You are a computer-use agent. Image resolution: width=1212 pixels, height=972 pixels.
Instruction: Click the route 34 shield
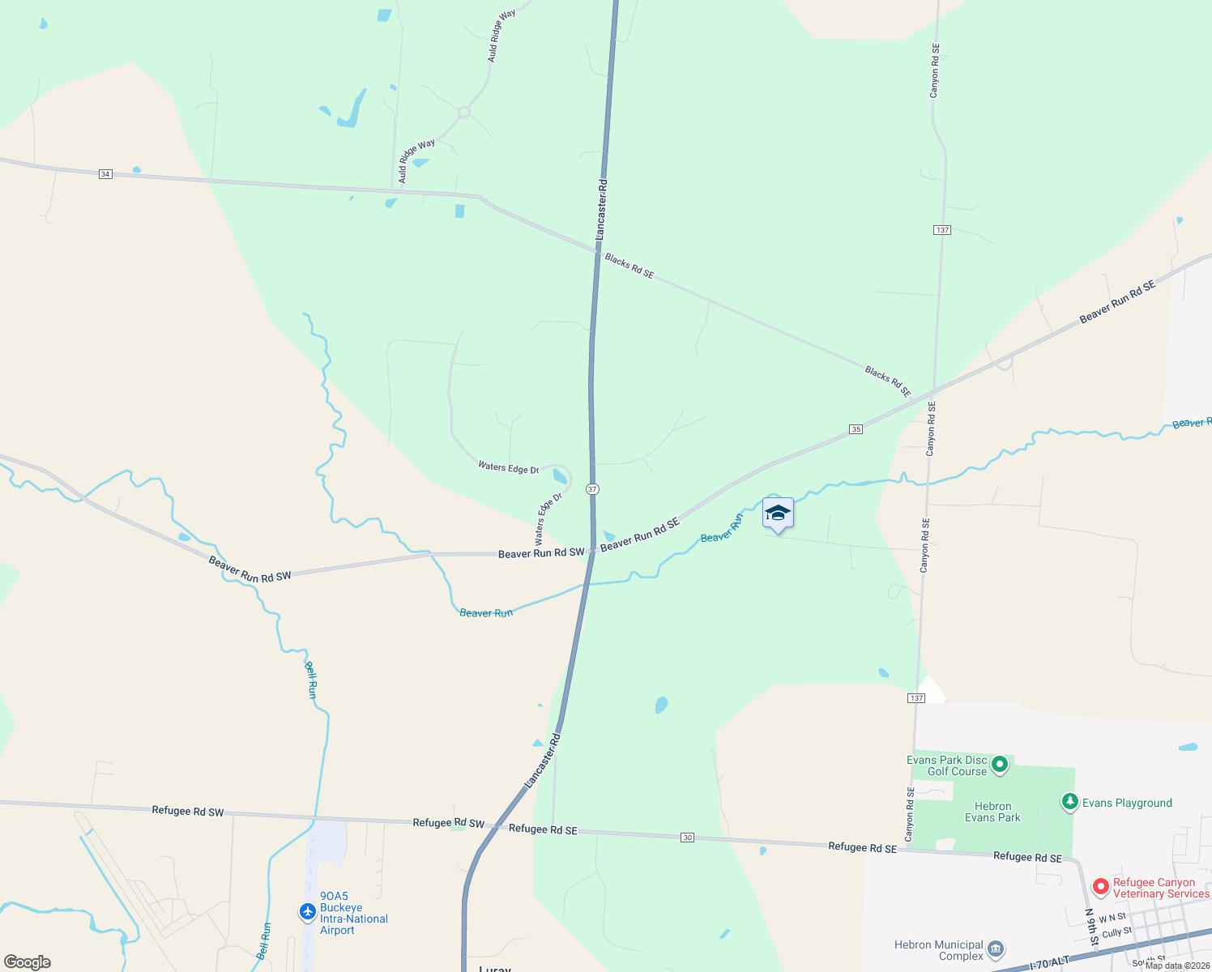(x=105, y=174)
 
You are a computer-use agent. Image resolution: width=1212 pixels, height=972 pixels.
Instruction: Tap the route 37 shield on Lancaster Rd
(x=593, y=489)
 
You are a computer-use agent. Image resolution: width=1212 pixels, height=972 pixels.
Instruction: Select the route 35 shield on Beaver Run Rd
(x=856, y=429)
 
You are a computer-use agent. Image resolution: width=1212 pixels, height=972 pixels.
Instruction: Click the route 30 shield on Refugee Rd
(x=687, y=838)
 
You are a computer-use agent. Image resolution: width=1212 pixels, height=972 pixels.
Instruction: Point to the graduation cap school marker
(x=778, y=514)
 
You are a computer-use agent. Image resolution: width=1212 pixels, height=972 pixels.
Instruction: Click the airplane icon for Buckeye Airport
(x=307, y=912)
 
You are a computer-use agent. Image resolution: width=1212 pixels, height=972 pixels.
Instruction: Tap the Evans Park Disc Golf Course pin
(x=1000, y=764)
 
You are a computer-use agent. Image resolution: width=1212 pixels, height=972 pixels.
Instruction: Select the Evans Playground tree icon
(x=1069, y=802)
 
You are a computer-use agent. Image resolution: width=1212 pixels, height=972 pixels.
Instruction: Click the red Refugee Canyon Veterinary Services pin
(x=1100, y=887)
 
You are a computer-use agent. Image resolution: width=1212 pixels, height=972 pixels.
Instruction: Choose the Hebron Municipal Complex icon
(x=996, y=949)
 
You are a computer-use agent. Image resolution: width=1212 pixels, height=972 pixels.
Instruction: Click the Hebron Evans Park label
(x=992, y=812)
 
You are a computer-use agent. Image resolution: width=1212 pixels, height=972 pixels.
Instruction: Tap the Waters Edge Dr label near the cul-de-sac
(x=508, y=467)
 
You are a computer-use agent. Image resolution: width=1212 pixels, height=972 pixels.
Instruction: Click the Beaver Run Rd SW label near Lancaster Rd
(x=541, y=553)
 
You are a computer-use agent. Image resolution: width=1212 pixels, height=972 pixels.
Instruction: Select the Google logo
(x=28, y=962)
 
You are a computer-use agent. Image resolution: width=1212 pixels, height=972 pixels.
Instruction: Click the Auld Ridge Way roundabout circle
(x=464, y=113)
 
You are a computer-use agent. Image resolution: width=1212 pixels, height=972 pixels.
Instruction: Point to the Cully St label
(x=1117, y=932)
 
